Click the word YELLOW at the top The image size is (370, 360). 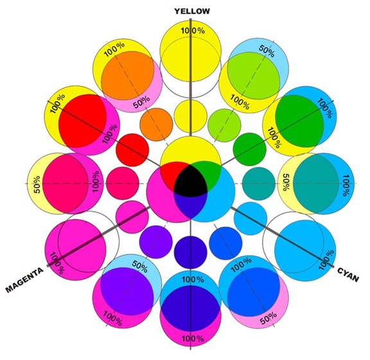coord(192,11)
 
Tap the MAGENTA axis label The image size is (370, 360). coord(24,280)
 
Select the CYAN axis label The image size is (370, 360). coord(348,275)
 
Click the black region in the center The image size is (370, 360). coord(191,180)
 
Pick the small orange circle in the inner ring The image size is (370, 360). coord(156,124)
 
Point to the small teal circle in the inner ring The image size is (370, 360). coord(259,184)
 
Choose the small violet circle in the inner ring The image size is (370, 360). coord(155,242)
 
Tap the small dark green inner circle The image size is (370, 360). coord(250,149)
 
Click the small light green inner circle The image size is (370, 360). coord(224,125)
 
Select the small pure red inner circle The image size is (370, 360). coord(132,150)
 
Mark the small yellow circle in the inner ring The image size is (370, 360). coord(191,116)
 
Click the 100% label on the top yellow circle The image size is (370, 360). coord(193,31)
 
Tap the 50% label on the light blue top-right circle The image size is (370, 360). coord(267,51)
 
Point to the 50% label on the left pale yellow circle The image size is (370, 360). coord(37,184)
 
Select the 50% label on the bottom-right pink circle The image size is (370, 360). coord(269,318)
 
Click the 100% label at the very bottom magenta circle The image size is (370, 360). coord(193,339)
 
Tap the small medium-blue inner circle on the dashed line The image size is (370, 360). coord(225,243)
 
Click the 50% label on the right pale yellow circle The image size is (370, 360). coord(286,182)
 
